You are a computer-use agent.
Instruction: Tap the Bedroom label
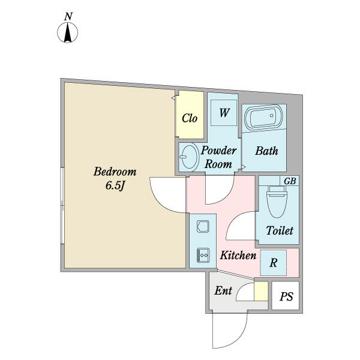point(115,172)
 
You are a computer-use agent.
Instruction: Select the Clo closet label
point(190,118)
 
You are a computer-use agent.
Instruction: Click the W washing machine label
point(224,113)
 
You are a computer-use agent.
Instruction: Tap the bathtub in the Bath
point(264,117)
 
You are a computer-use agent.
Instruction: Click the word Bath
point(266,151)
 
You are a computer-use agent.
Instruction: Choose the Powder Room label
point(218,157)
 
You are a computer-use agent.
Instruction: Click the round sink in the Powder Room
point(188,158)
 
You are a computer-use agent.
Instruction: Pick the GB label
point(290,181)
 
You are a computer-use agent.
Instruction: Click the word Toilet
point(279,231)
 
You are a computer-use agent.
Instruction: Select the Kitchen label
point(238,256)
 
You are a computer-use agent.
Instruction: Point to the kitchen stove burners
point(203,255)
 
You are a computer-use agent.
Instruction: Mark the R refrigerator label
point(273,262)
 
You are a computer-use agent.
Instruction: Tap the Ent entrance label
point(223,291)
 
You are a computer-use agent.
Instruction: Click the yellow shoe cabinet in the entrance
point(260,290)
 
